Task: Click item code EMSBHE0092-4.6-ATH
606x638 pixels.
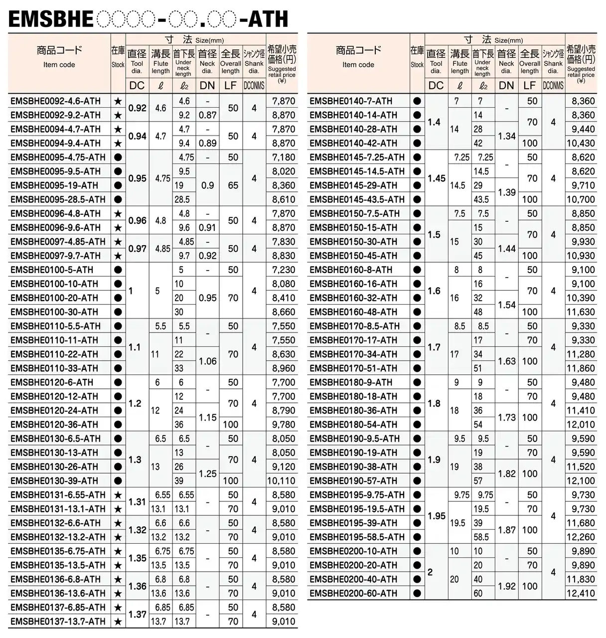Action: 55,101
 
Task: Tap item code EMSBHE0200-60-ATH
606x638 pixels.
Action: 353,594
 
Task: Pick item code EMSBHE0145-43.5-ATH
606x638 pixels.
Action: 357,199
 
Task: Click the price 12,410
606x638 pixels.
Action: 581,594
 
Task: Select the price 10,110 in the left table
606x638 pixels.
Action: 282,481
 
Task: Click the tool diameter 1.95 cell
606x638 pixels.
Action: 437,516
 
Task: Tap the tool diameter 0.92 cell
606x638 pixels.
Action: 138,108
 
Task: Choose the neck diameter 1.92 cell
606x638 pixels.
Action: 506,587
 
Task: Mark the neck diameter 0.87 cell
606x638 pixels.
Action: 207,115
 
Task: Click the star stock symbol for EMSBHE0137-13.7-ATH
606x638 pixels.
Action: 118,622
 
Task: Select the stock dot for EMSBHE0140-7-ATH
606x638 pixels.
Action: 417,101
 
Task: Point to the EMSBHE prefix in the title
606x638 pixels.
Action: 50,19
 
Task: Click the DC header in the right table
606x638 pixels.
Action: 436,85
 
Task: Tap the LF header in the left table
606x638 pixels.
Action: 230,85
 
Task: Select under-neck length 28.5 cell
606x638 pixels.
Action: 182,199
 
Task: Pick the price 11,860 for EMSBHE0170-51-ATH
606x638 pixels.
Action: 581,368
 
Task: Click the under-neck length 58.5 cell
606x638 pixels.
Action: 481,537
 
